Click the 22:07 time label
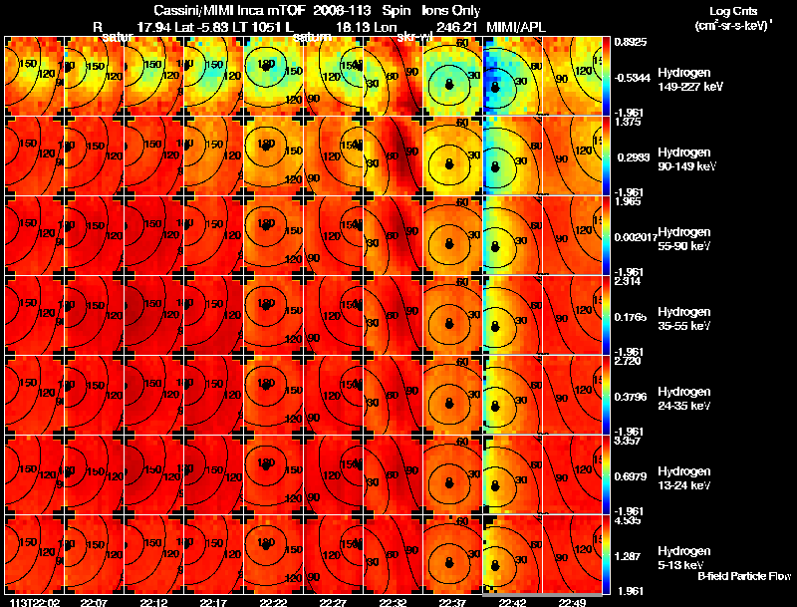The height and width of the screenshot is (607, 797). (94, 602)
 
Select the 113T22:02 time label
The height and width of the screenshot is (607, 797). (34, 602)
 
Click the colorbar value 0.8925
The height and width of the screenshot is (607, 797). (630, 42)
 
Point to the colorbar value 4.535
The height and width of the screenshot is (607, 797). (630, 519)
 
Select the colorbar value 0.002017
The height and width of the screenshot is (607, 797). (635, 231)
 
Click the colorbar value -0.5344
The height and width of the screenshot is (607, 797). (632, 76)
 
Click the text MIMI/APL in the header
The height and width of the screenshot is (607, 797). (516, 26)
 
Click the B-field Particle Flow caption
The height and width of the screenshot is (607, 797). (744, 576)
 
